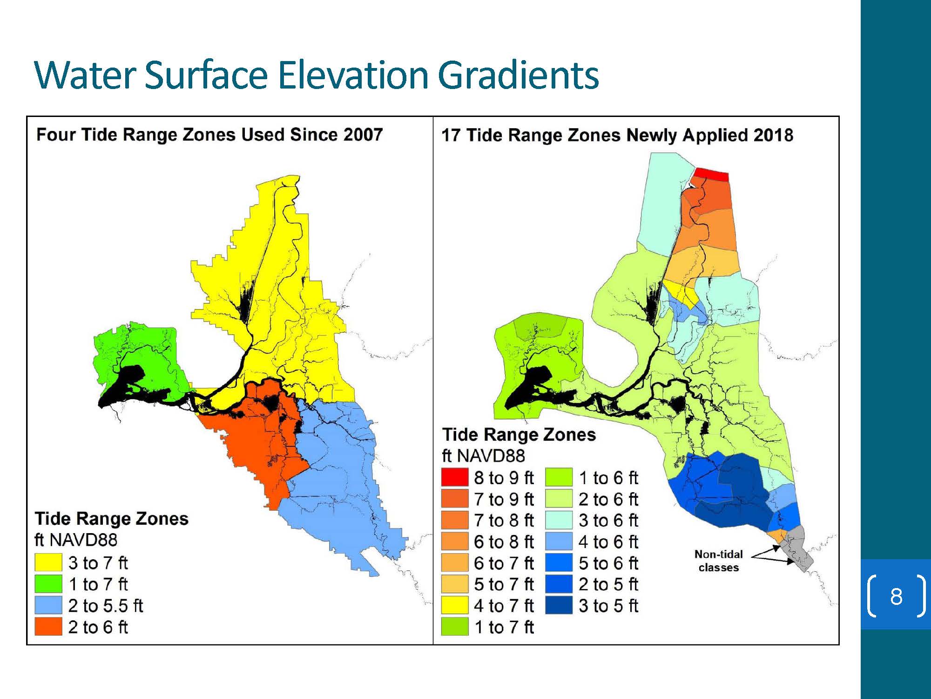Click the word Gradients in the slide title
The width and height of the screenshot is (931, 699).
519,75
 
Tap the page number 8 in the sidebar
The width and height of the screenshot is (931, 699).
896,596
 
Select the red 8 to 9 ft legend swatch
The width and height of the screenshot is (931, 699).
454,477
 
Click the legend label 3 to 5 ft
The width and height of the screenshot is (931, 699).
608,606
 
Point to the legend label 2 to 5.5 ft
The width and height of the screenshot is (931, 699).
106,606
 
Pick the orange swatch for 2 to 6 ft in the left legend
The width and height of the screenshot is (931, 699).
48,627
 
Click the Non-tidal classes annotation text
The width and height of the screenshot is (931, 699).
719,561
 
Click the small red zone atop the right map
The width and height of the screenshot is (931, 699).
710,175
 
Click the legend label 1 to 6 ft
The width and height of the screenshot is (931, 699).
608,478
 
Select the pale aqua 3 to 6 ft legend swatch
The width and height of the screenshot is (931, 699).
559,520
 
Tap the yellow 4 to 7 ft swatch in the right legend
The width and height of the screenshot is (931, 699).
454,606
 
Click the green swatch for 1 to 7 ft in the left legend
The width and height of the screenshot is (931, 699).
48,584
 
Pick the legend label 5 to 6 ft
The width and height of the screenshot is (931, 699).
608,563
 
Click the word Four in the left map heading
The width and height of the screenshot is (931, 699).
57,135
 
